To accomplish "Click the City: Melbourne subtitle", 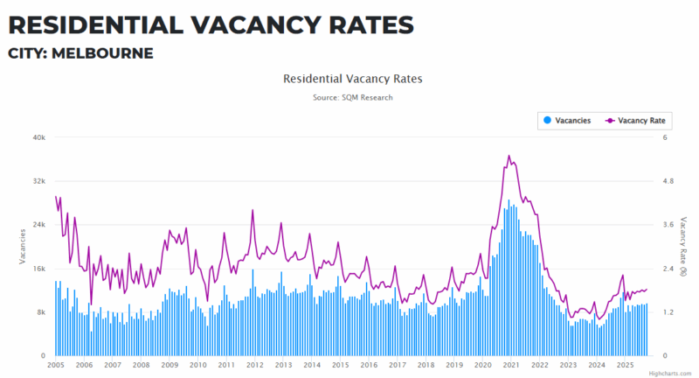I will (x=80, y=54).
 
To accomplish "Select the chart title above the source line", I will (x=352, y=79).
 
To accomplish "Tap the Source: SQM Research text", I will (x=352, y=97).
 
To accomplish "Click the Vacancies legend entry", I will (x=567, y=120).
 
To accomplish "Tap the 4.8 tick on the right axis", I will (x=670, y=181).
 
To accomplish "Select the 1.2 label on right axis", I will (x=670, y=312).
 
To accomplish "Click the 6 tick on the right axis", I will (x=666, y=137).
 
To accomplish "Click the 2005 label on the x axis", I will (x=57, y=365).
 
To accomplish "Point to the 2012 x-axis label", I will (x=254, y=365).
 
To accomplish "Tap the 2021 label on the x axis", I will (x=511, y=365).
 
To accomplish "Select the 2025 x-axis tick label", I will (x=625, y=365).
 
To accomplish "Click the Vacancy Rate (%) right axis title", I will (x=684, y=246).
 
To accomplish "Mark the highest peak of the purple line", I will (x=509, y=156).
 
